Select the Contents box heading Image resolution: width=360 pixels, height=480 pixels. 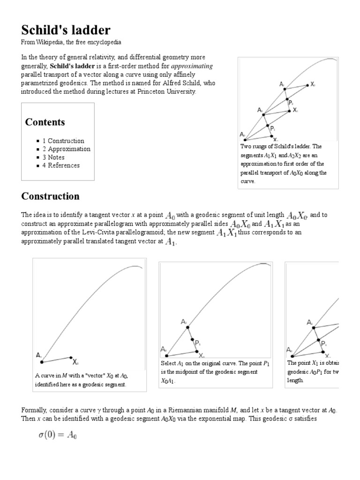click(x=45, y=122)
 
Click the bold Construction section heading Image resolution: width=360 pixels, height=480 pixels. click(x=50, y=196)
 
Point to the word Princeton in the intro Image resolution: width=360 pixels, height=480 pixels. click(x=142, y=91)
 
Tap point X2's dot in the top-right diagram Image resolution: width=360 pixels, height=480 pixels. click(x=307, y=85)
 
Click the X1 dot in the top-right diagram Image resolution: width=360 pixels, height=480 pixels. click(x=290, y=111)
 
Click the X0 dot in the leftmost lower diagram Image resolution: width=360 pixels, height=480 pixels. click(x=71, y=357)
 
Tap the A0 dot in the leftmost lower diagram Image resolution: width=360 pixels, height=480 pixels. click(x=42, y=362)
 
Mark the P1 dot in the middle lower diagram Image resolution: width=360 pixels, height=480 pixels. click(x=192, y=340)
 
